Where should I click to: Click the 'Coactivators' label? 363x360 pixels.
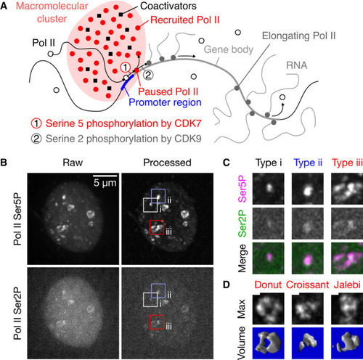tap(168, 6)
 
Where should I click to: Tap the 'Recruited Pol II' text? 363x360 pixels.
tap(185, 20)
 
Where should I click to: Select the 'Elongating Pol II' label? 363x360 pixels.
tap(299, 36)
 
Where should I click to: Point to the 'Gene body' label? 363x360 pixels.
tap(229, 49)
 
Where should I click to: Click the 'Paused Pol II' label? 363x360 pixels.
tap(168, 91)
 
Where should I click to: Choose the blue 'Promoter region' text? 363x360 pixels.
tap(165, 102)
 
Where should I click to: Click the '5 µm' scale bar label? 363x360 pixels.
tap(105, 183)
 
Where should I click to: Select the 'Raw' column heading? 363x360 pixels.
tap(73, 163)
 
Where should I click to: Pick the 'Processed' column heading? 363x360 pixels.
tap(167, 163)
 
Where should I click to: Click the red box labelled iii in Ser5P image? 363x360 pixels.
tap(150, 227)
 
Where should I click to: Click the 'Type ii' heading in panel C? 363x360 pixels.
tap(308, 163)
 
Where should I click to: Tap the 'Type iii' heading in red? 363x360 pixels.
tap(347, 163)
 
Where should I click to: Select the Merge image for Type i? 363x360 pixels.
tap(269, 258)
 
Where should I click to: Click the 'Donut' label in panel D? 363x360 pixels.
tap(268, 285)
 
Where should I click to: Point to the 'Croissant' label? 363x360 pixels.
tap(308, 285)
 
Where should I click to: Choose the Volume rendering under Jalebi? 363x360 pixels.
tap(347, 343)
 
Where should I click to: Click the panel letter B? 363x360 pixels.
tap(4, 163)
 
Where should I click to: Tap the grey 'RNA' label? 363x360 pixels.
tap(296, 65)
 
